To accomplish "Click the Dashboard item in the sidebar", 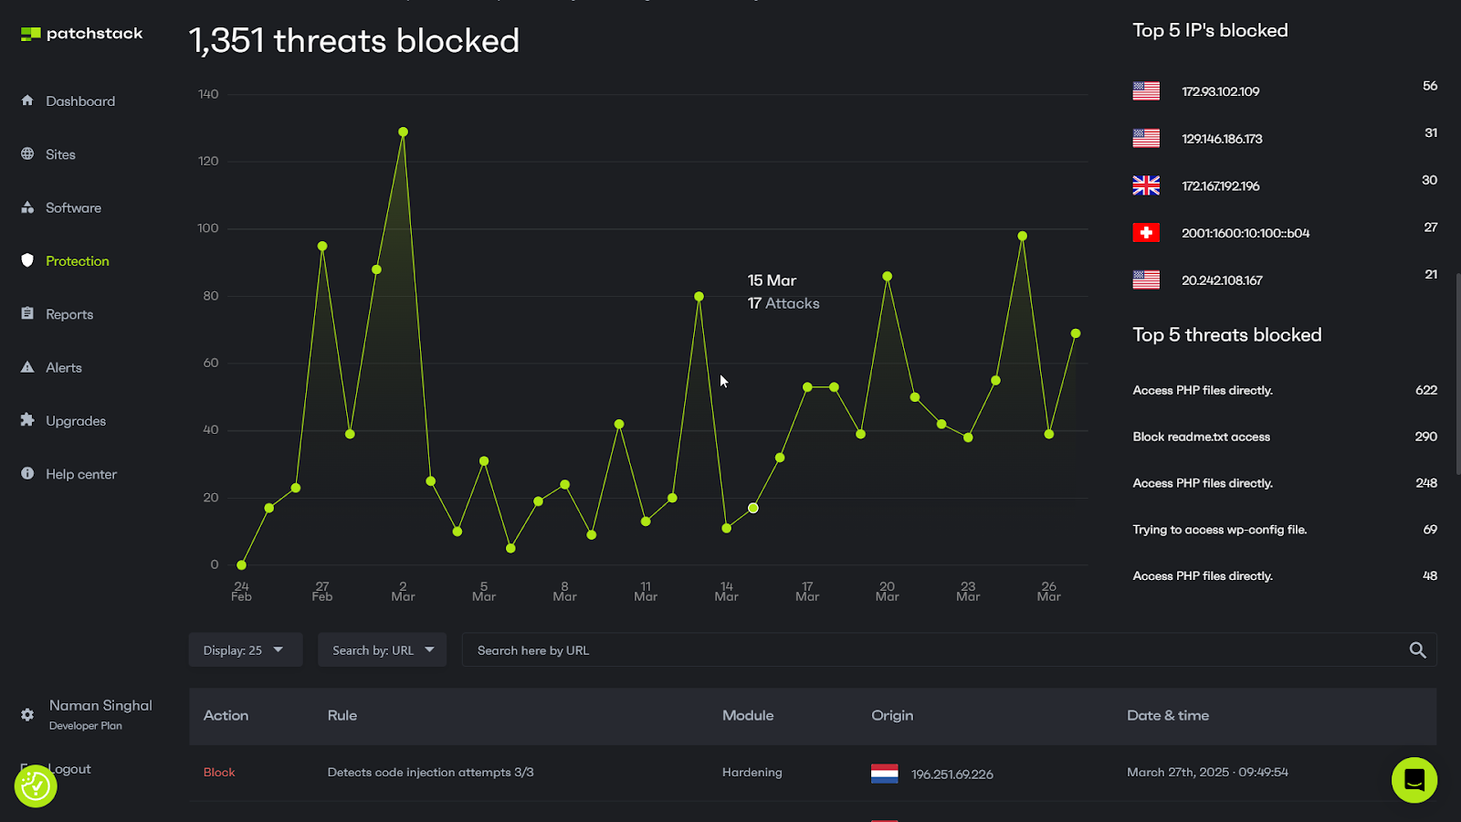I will [x=79, y=101].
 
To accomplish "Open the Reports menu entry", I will [x=69, y=314].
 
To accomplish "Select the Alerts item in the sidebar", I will [x=63, y=367].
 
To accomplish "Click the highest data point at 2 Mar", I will [x=403, y=132].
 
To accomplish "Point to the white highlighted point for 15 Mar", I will [x=753, y=508].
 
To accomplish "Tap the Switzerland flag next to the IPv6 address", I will [x=1146, y=233].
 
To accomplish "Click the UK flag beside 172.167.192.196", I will [x=1146, y=185].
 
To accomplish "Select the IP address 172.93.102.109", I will [x=1220, y=91].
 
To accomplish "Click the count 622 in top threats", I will [x=1425, y=390].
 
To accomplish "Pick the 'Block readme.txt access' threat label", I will [x=1201, y=437].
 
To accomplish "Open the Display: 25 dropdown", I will [x=245, y=650].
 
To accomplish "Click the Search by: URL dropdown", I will [x=382, y=650].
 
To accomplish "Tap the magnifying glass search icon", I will [x=1417, y=650].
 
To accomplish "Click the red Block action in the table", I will [x=219, y=773].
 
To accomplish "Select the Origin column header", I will [x=892, y=715].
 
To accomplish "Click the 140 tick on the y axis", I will [x=208, y=94].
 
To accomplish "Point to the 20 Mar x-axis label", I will [x=887, y=592].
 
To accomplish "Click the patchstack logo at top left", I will [x=82, y=34].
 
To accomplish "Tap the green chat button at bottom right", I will [x=1414, y=780].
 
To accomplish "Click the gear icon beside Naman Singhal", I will [x=27, y=714].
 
